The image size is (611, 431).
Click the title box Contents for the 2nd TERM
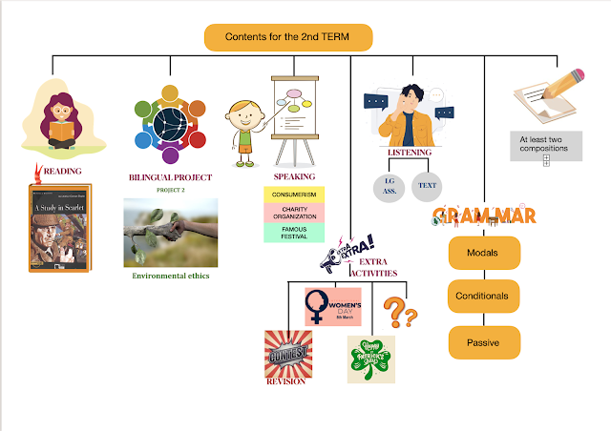tap(287, 37)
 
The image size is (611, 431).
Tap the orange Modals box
tap(483, 253)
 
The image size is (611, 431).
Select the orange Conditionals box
tap(483, 297)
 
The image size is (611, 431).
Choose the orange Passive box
tap(483, 341)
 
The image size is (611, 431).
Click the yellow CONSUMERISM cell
tap(294, 194)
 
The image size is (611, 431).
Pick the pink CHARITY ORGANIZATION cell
tap(294, 214)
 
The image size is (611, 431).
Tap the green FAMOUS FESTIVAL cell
tap(294, 233)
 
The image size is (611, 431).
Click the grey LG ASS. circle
tap(389, 187)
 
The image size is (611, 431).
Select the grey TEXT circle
tap(428, 187)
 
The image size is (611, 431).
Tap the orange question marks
tap(400, 312)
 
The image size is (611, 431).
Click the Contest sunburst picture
tap(289, 354)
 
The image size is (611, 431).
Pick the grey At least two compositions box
tap(545, 144)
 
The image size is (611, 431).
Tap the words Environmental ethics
tap(171, 277)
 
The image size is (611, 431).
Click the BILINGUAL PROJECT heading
tap(171, 178)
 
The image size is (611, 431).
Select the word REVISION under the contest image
tap(286, 381)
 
